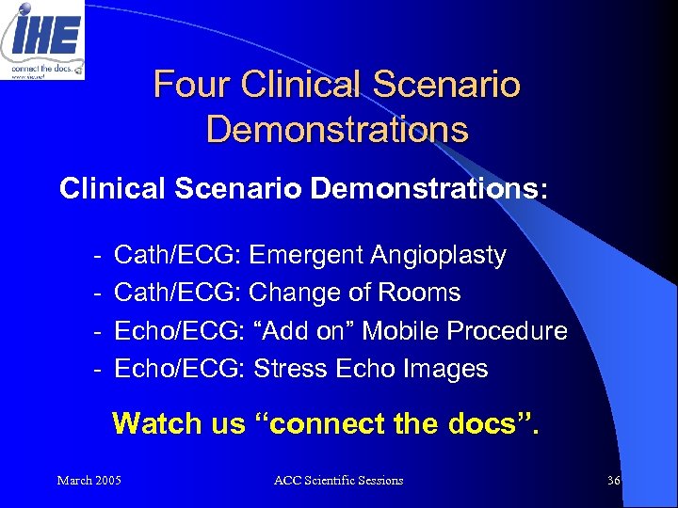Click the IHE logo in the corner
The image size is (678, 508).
point(42,39)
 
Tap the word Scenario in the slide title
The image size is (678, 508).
point(449,85)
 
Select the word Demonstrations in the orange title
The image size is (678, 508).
point(337,129)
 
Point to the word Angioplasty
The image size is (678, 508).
point(440,256)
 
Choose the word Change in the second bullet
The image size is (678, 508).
point(293,293)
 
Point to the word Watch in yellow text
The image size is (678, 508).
point(155,423)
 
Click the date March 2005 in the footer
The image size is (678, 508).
point(89,481)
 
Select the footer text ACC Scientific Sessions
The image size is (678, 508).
point(338,481)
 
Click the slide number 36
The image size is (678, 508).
point(614,481)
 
